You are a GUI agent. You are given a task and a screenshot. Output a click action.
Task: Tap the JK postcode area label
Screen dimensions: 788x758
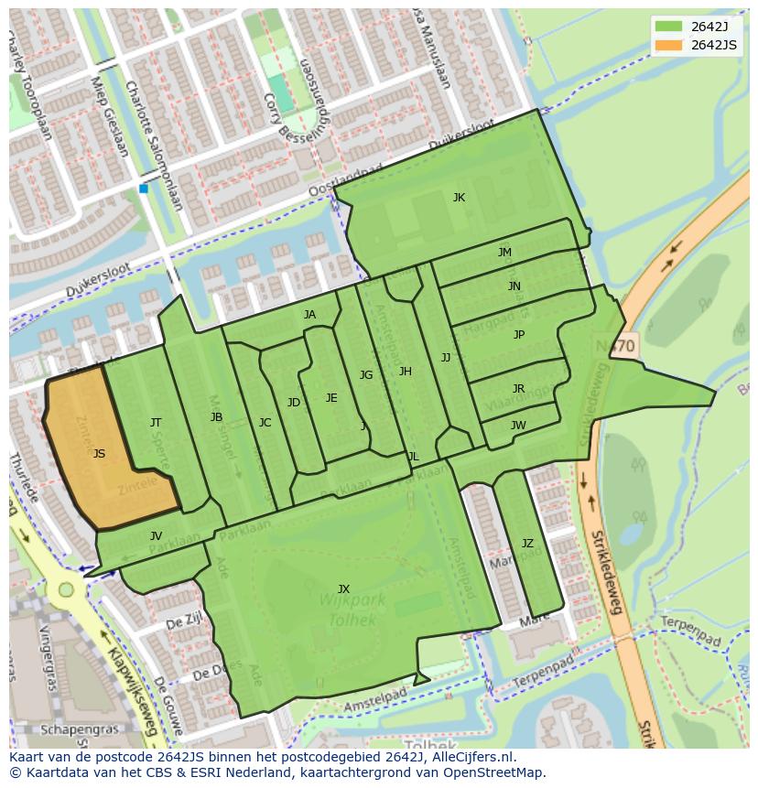click(459, 198)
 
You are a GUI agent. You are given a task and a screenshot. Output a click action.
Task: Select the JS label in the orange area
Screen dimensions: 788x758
click(99, 453)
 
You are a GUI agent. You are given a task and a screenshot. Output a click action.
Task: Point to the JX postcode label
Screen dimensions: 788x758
click(343, 588)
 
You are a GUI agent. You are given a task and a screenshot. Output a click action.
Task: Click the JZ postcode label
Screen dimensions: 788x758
click(527, 544)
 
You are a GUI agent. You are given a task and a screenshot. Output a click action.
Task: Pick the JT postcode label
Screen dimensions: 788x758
click(156, 422)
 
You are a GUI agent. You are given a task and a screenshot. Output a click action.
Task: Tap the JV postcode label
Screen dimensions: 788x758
click(156, 536)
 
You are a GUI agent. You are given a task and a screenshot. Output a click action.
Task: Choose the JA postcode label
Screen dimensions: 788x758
click(309, 315)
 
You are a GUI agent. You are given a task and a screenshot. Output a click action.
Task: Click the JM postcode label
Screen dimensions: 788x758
click(504, 253)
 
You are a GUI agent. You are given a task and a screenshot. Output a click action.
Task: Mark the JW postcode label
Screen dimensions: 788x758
click(518, 425)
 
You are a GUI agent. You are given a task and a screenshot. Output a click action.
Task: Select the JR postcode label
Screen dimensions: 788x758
click(518, 389)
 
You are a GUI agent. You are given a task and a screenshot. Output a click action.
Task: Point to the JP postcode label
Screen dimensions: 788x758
click(519, 335)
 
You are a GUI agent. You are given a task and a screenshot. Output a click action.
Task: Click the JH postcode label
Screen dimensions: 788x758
click(405, 371)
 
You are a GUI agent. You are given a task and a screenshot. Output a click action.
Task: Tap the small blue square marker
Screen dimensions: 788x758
click(144, 189)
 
